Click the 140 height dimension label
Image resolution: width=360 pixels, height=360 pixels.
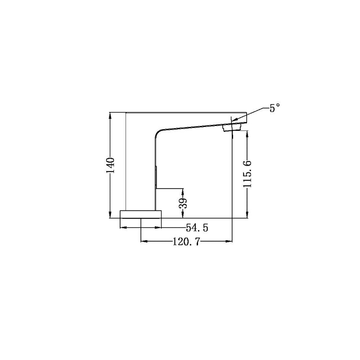click(110, 165)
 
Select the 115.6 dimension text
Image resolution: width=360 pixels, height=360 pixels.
click(247, 174)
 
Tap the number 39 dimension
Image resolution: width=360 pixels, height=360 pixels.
click(183, 202)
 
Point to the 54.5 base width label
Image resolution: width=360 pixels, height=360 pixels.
click(197, 228)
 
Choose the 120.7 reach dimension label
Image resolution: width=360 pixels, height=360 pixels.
click(187, 241)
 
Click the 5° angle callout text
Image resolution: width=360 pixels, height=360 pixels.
click(274, 108)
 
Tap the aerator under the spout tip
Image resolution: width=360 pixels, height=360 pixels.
click(232, 127)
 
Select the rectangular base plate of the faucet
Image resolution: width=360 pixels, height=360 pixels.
click(140, 214)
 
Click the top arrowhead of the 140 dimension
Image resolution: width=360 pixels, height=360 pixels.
click(110, 115)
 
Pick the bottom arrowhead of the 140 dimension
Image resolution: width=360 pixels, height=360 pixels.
click(110, 215)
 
